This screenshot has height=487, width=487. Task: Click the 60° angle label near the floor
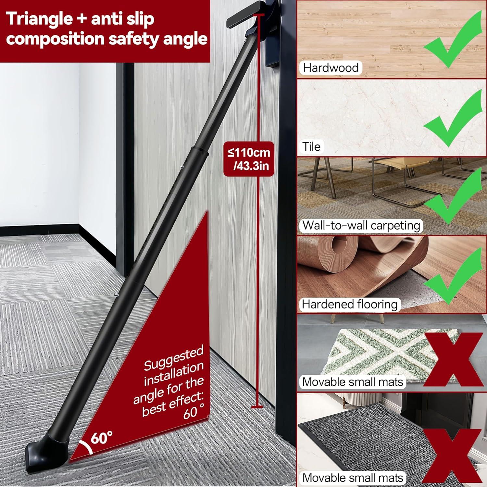(x=102, y=438)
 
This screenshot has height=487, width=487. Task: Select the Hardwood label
(x=330, y=68)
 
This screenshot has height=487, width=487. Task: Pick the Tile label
(x=311, y=146)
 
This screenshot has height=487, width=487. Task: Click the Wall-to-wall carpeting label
(x=361, y=225)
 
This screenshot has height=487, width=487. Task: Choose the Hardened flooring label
(x=349, y=304)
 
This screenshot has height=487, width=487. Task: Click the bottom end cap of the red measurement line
(x=257, y=406)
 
